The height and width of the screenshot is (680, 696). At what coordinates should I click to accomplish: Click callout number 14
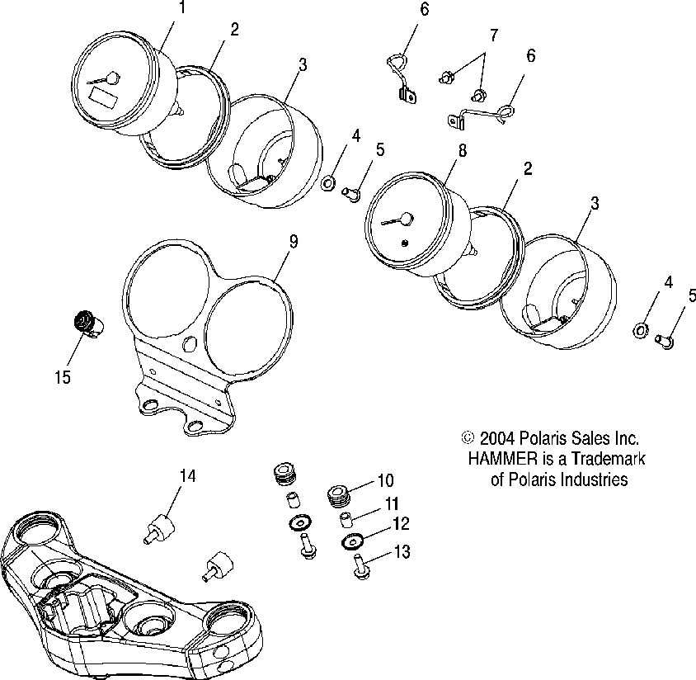(x=188, y=475)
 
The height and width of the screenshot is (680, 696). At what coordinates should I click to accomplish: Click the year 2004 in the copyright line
(x=496, y=439)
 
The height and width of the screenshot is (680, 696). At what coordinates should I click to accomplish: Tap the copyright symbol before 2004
(x=468, y=439)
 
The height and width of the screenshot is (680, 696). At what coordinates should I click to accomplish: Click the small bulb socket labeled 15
(x=84, y=322)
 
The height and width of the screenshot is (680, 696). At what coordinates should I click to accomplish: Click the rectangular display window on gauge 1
(x=104, y=97)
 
